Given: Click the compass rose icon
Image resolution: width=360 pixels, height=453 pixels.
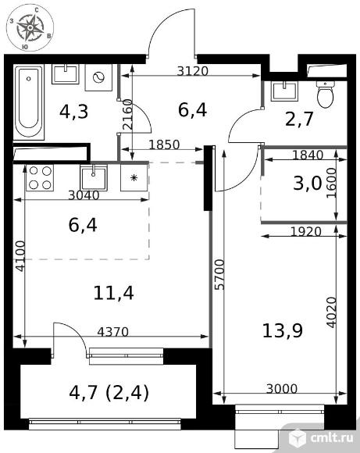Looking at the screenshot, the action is (x=30, y=28).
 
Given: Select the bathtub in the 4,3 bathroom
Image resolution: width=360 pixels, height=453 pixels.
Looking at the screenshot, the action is (x=29, y=102).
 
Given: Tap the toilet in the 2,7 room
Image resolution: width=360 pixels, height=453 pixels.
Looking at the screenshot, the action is (x=325, y=95).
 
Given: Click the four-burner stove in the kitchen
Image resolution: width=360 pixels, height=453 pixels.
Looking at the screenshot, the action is (x=40, y=177).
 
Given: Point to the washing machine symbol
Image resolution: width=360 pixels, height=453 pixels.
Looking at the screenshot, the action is (x=98, y=77).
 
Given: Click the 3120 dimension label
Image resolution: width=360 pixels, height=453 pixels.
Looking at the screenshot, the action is (x=192, y=71).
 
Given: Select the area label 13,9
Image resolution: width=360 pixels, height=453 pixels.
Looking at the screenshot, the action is (x=283, y=330).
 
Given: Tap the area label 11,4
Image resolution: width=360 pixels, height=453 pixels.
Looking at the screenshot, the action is (x=113, y=293).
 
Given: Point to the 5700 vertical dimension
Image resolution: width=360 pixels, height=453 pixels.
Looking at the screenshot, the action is (x=220, y=274).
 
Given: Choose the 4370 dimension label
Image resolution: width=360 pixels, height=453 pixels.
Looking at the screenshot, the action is (x=112, y=332).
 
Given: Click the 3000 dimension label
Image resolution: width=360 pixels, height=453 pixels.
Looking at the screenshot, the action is (x=281, y=389).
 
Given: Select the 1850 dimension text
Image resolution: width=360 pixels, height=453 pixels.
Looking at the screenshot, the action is (x=165, y=144).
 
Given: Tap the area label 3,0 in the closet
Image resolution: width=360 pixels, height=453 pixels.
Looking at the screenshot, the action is (x=308, y=184).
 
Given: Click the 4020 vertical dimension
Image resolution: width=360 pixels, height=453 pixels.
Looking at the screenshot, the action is (x=331, y=312).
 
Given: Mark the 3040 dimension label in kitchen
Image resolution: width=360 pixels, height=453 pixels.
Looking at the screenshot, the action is (x=84, y=195).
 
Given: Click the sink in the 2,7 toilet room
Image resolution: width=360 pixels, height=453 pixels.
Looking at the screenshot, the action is (x=284, y=91).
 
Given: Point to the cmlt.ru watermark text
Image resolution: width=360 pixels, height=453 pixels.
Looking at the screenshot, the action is (x=332, y=438).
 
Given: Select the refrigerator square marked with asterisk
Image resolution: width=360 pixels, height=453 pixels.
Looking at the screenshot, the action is (x=134, y=177).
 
